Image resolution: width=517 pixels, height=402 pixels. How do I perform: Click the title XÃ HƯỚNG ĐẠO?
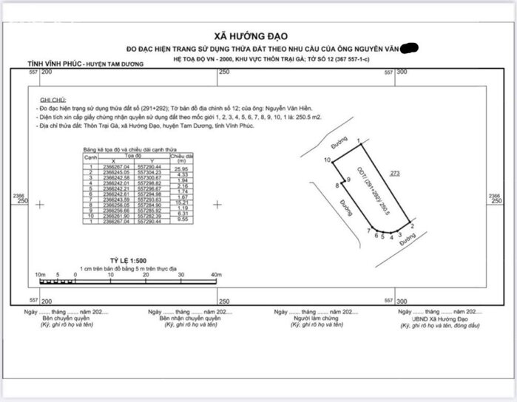[251, 35]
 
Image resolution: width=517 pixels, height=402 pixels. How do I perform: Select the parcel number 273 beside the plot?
[396, 174]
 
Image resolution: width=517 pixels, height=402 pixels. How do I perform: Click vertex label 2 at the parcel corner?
[410, 225]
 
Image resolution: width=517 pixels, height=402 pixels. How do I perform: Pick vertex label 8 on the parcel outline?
[337, 185]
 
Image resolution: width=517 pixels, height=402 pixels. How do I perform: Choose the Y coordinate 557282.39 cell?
[151, 215]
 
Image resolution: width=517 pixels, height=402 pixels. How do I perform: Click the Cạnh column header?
[91, 157]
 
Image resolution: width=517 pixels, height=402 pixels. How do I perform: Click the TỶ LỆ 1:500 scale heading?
[129, 262]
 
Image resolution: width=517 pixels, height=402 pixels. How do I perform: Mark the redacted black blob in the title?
[409, 49]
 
